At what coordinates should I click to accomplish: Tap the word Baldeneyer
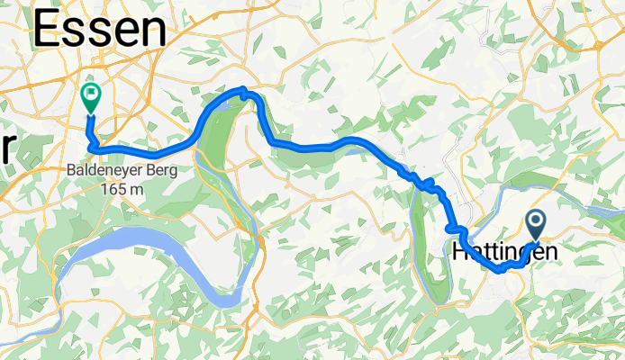(x=98, y=169)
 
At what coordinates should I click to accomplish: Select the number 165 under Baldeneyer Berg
(x=114, y=189)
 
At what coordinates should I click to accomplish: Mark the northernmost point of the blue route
(x=242, y=89)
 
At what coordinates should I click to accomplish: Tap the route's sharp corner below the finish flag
(x=89, y=141)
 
